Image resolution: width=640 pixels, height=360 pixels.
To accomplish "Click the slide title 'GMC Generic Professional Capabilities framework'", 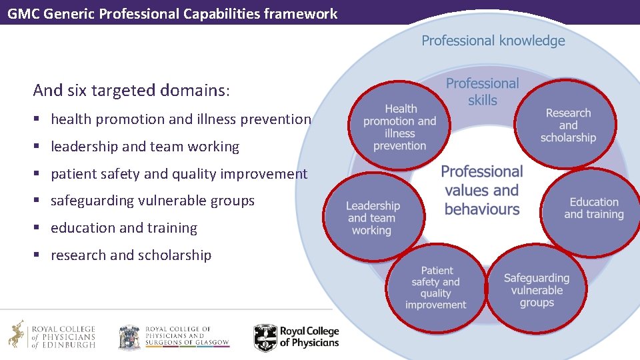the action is (172, 13).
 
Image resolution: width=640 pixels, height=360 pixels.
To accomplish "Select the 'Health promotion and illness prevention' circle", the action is (400, 127).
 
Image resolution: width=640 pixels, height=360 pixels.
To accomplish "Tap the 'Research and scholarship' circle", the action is (567, 125).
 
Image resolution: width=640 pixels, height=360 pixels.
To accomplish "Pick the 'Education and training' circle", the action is (593, 208).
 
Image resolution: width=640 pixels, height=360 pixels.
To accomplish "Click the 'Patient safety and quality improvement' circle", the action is (436, 288).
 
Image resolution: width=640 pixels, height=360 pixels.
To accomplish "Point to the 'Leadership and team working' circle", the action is (373, 218).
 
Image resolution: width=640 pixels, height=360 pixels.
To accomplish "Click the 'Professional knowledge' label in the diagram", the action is (493, 41).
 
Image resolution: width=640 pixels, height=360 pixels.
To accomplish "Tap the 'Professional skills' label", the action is (482, 91).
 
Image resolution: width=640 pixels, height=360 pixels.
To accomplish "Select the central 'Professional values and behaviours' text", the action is (481, 190).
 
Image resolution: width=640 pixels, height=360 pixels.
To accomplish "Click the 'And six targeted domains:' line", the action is (131, 90).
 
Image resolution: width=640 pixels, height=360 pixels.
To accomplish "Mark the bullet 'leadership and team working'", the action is (145, 147).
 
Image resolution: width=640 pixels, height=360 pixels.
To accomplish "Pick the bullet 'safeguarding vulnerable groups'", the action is (153, 201).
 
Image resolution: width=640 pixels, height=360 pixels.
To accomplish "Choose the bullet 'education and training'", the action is (124, 228).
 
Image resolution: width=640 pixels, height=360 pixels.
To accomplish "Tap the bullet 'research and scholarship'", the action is (131, 255).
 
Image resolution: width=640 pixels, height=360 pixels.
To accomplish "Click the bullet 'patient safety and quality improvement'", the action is (179, 174).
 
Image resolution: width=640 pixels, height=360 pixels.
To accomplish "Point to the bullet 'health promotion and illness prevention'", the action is (181, 119).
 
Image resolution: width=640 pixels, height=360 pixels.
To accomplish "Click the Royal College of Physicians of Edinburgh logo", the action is (52, 335).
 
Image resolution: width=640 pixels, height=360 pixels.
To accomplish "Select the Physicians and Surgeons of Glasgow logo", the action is (173, 337).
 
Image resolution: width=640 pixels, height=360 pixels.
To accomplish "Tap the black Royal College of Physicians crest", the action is (265, 337).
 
